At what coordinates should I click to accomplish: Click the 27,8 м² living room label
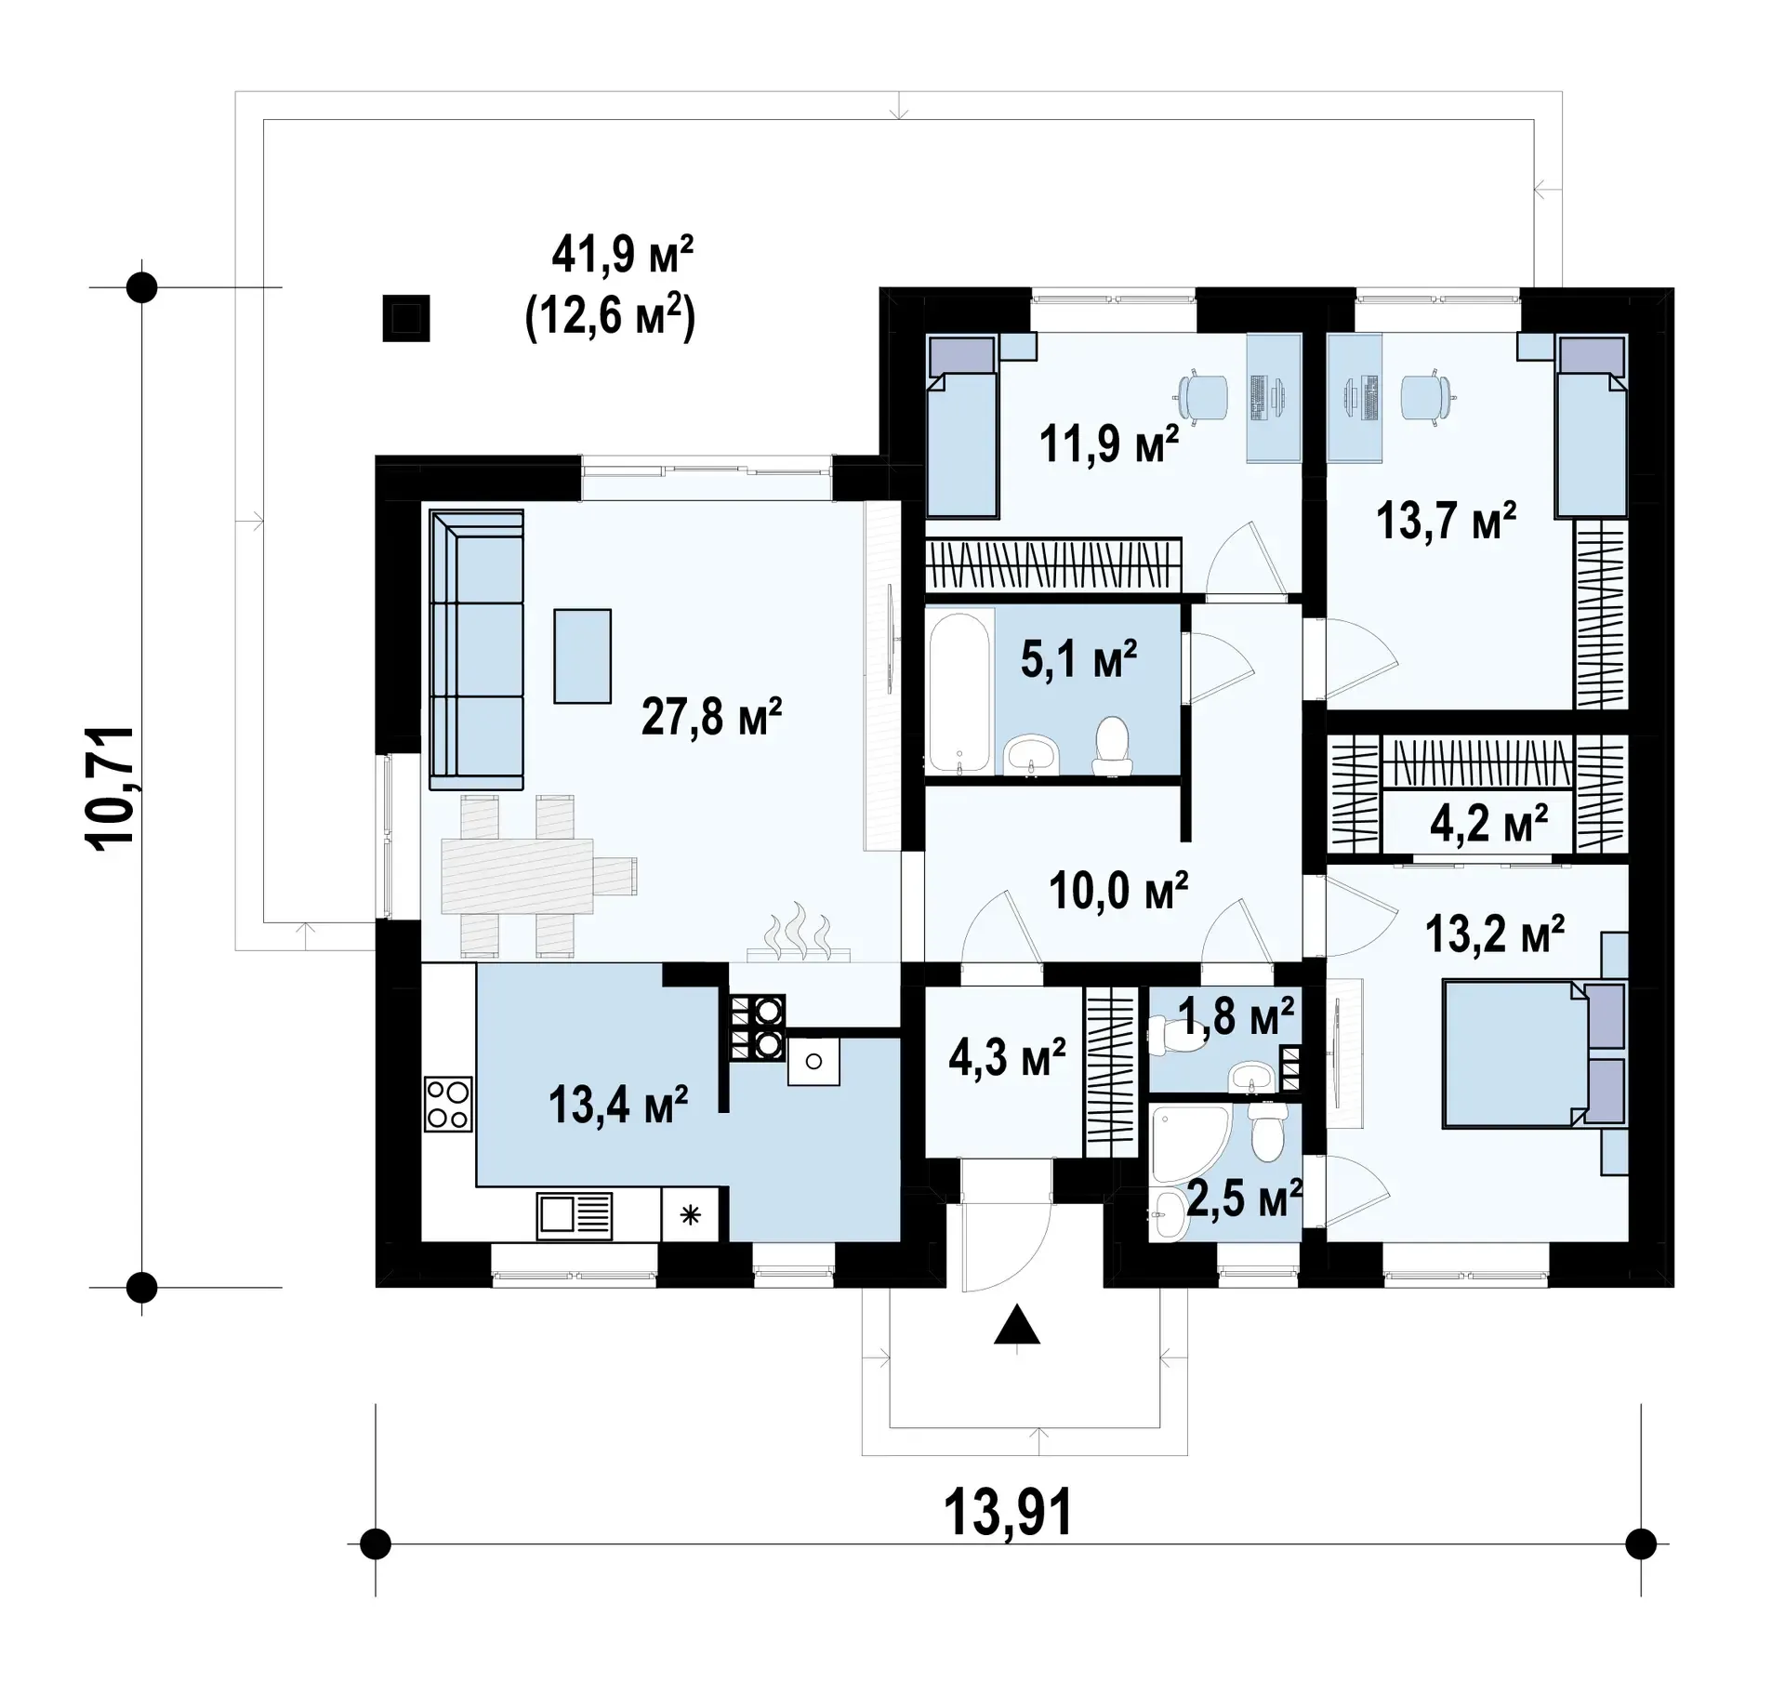click(x=711, y=717)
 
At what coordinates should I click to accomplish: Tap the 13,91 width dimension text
click(x=1008, y=1512)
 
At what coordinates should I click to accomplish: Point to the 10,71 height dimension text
click(x=111, y=787)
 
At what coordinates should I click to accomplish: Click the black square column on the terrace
click(x=406, y=318)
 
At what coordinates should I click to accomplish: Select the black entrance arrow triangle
click(x=1017, y=1325)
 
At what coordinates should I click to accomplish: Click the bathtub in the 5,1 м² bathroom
click(x=960, y=691)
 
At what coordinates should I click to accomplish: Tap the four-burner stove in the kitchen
click(x=447, y=1104)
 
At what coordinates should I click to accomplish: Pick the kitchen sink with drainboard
click(x=575, y=1215)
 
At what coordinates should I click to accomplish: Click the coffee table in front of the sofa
click(x=583, y=656)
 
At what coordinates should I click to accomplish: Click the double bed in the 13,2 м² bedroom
click(x=1534, y=1053)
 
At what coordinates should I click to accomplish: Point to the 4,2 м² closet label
click(x=1489, y=824)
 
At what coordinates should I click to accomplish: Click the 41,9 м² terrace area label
click(x=623, y=254)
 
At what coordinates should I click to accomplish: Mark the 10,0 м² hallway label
click(x=1118, y=890)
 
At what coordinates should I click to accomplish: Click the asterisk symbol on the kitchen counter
click(x=690, y=1214)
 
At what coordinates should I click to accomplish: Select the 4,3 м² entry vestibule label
click(x=1007, y=1057)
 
